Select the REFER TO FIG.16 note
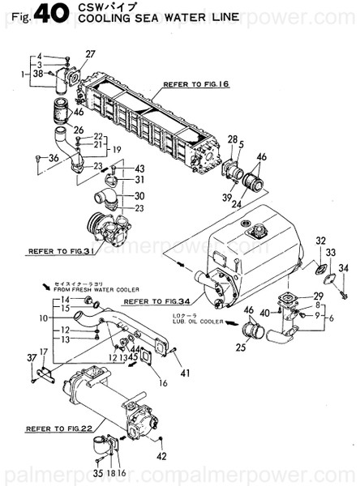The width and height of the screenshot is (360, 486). click(x=198, y=83)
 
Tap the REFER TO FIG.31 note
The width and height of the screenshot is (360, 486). click(x=63, y=251)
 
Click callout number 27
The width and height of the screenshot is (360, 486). click(x=90, y=54)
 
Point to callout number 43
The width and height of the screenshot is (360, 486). click(x=139, y=168)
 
